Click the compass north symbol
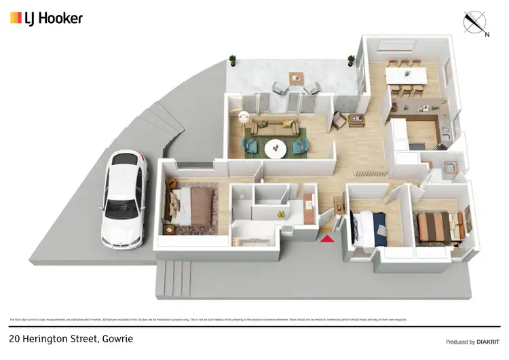point(475,22)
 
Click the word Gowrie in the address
point(115,338)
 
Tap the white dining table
point(406,75)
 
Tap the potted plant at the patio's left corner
point(233,60)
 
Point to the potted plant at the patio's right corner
point(352,60)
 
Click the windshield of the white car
point(126,175)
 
